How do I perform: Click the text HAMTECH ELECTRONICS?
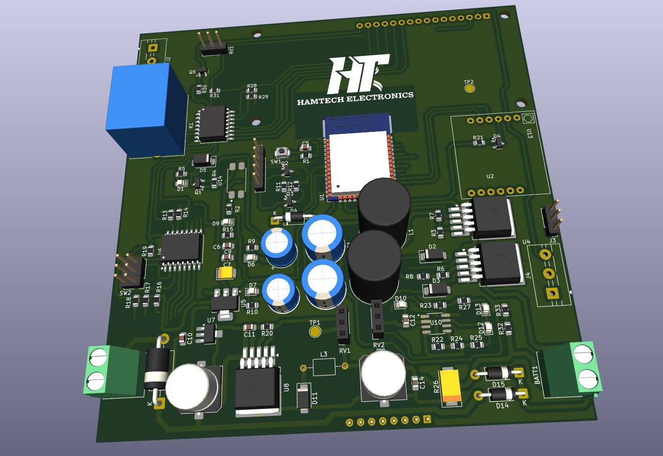click(355, 99)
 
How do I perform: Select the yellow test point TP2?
click(469, 89)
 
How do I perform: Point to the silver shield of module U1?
click(357, 162)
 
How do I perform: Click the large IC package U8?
click(257, 390)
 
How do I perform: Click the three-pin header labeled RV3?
click(212, 44)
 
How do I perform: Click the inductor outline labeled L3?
click(324, 366)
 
